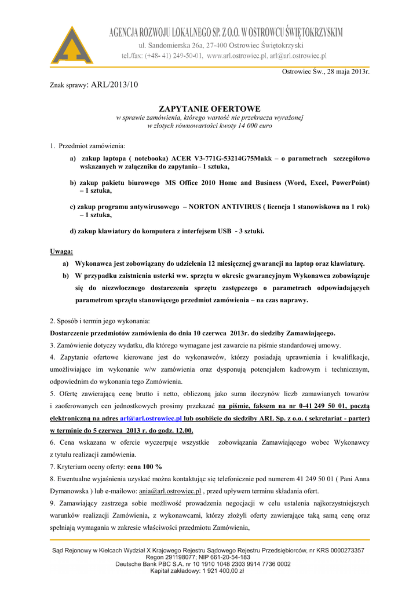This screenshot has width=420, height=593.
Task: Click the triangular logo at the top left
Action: point(72,45)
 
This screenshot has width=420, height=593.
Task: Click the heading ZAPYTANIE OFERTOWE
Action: point(210,109)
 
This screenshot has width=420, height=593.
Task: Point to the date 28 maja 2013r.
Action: point(341,71)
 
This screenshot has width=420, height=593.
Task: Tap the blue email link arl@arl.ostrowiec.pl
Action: point(151,418)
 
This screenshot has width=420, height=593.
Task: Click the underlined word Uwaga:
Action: point(61,251)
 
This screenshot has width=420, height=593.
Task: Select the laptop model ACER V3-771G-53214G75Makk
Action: point(221,158)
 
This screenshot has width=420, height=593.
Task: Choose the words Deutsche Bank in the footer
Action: point(138,564)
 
